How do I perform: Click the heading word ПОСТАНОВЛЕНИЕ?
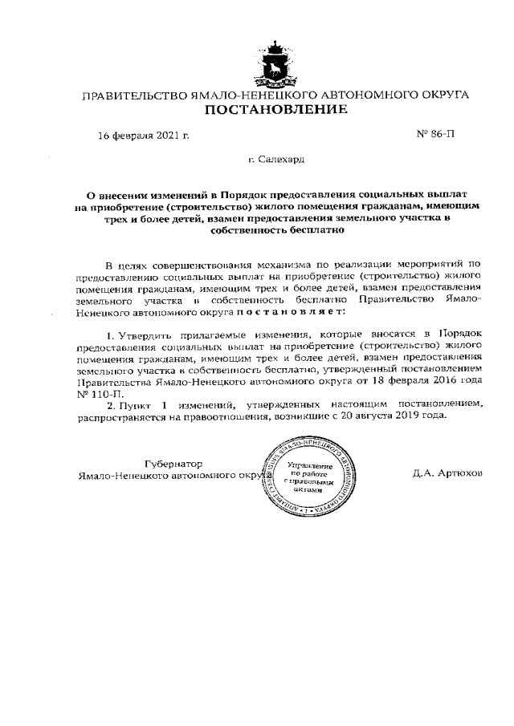tap(275, 109)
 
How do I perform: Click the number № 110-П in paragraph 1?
tap(94, 395)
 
